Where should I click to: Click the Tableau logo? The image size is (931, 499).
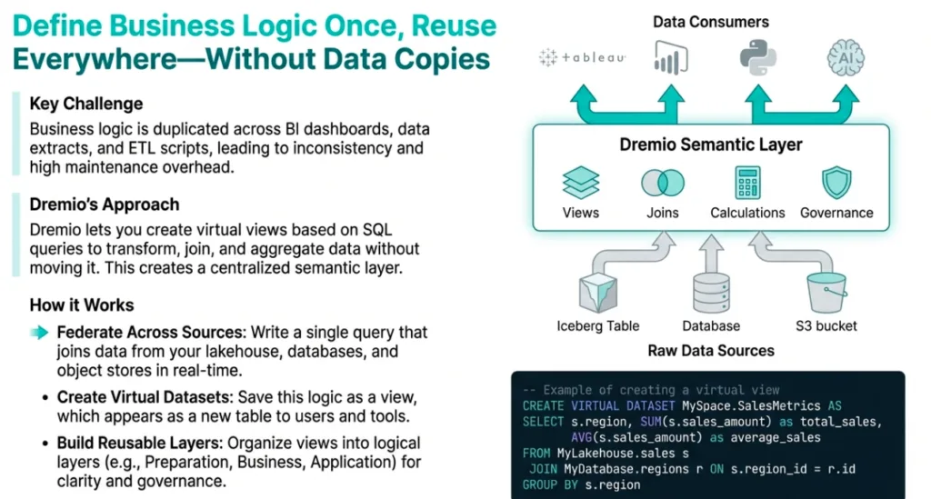(x=583, y=57)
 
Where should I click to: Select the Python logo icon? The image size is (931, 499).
(x=756, y=57)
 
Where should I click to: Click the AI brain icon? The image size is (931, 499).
(x=845, y=57)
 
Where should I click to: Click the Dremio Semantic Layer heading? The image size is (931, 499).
(x=711, y=145)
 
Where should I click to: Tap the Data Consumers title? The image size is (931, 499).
(x=710, y=21)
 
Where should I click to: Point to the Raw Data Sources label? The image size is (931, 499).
(x=711, y=350)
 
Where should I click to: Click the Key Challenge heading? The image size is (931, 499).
(x=85, y=104)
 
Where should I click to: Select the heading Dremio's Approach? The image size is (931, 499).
(x=104, y=204)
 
